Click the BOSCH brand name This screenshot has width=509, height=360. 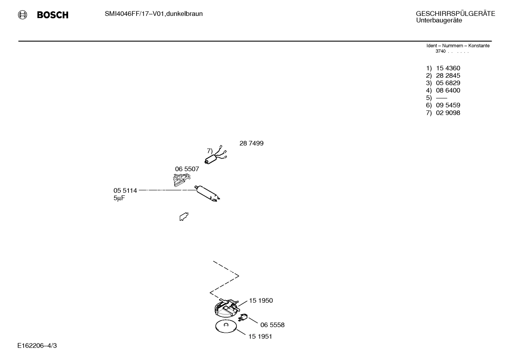click(53, 15)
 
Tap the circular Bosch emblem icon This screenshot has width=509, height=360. click(23, 15)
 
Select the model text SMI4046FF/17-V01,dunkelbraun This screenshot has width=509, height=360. click(154, 14)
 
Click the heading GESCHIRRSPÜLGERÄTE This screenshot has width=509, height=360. click(455, 14)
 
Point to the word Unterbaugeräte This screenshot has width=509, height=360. click(439, 20)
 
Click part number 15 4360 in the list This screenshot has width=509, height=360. click(448, 68)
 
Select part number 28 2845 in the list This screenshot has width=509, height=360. click(448, 76)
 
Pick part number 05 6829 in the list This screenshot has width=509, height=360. click(448, 83)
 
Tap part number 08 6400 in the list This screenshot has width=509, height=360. click(448, 90)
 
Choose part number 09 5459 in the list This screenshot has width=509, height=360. click(448, 105)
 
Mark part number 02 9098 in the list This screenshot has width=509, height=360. click(448, 113)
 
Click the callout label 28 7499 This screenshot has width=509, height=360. click(251, 143)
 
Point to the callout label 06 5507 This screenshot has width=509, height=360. click(187, 169)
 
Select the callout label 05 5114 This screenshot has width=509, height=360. click(125, 191)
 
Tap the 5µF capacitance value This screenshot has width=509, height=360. click(119, 199)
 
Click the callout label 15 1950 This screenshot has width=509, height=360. click(261, 301)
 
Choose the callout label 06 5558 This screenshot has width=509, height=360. click(272, 325)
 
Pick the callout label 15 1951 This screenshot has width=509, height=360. click(260, 337)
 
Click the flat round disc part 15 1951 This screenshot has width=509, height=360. click(226, 327)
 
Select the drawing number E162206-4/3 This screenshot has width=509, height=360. click(37, 346)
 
